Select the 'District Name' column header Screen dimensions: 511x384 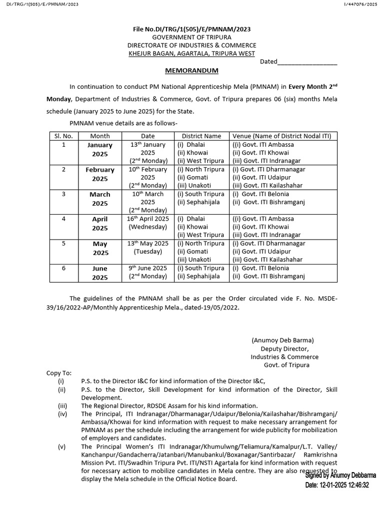(x=201, y=136)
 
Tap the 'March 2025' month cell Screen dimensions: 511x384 (x=100, y=199)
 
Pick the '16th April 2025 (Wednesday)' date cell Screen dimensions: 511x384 (x=148, y=223)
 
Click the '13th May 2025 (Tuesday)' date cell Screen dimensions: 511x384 (x=148, y=248)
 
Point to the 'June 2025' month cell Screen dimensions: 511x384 (x=100, y=272)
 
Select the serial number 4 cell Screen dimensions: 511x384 (x=63, y=219)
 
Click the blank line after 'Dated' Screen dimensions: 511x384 (x=307, y=62)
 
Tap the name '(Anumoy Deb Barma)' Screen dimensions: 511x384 (x=283, y=340)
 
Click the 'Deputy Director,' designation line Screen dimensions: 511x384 (x=284, y=349)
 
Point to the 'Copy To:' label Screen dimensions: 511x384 (x=59, y=373)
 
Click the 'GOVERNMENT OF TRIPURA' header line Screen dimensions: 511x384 (x=191, y=37)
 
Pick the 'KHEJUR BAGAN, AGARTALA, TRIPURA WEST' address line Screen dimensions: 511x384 (x=191, y=53)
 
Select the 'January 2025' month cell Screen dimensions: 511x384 (x=100, y=149)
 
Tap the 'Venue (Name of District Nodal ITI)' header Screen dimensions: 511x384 (x=283, y=136)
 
